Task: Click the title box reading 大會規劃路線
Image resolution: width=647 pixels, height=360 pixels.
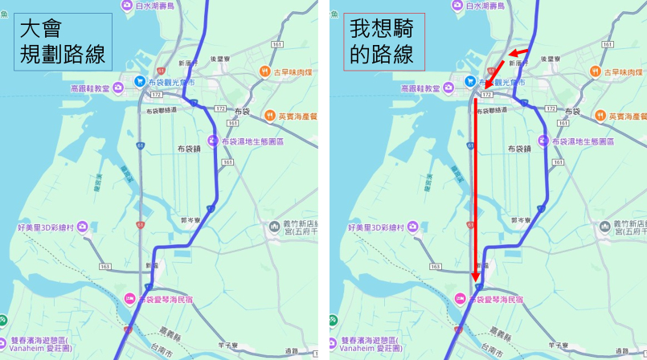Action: click(63, 42)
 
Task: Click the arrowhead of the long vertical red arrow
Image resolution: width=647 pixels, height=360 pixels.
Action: click(475, 277)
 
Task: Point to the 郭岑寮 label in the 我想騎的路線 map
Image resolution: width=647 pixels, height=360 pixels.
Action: click(521, 218)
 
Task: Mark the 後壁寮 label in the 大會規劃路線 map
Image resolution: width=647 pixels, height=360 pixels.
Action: click(222, 59)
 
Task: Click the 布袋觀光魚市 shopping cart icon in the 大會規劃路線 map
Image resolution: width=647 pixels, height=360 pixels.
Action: click(140, 81)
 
